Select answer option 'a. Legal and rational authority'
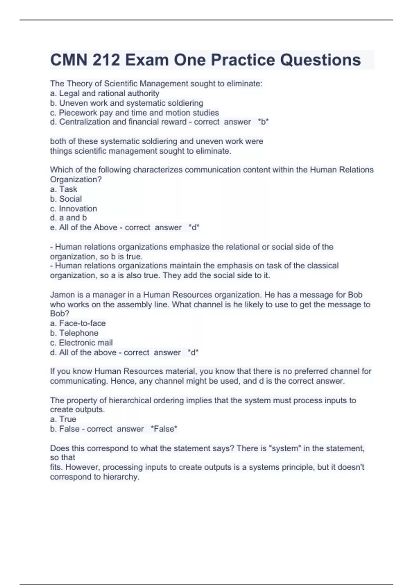pos(105,93)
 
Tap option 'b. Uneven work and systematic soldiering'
pos(127,103)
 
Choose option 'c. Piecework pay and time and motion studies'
pos(134,113)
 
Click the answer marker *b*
pos(263,122)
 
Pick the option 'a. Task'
pos(64,189)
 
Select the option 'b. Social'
pos(66,199)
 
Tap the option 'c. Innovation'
pos(73,209)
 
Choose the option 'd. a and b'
pos(68,217)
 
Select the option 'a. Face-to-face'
pos(78,323)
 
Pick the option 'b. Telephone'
pos(74,333)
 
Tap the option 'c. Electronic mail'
pos(81,343)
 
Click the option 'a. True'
pos(63,419)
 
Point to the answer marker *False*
pos(164,429)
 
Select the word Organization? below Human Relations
pos(76,179)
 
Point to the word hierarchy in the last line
pos(121,477)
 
